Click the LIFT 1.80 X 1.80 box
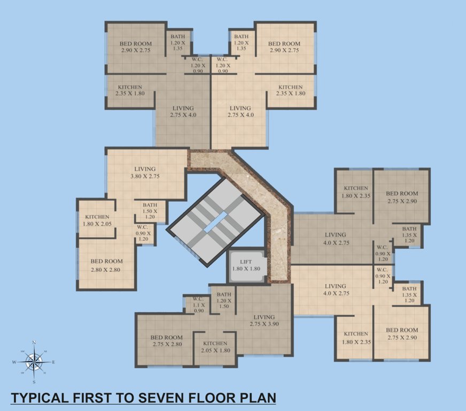pyautogui.click(x=246, y=265)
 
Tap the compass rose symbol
pyautogui.click(x=34, y=362)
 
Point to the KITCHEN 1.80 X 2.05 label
pyautogui.click(x=97, y=220)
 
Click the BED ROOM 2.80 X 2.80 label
pyautogui.click(x=106, y=265)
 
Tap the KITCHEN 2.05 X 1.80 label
pyautogui.click(x=215, y=347)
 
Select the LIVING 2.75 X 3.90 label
pyautogui.click(x=264, y=321)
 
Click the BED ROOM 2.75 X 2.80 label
pyautogui.click(x=166, y=341)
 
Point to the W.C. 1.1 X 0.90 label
pyautogui.click(x=198, y=305)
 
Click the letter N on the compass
pyautogui.click(x=34, y=342)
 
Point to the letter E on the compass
pyautogui.click(x=53, y=362)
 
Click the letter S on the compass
pyautogui.click(x=34, y=382)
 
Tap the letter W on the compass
pyautogui.click(x=14, y=362)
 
